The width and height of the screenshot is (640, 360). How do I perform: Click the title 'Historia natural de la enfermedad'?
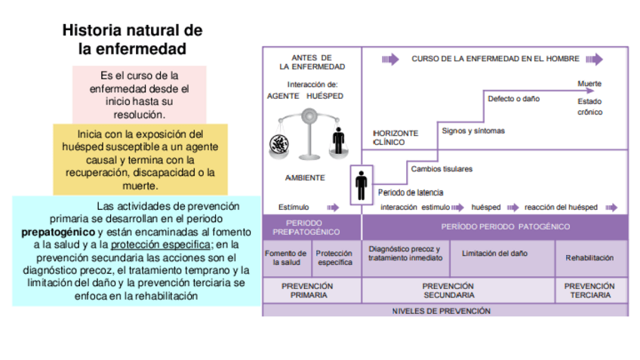[132, 40]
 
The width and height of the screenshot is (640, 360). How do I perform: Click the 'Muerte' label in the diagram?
[589, 83]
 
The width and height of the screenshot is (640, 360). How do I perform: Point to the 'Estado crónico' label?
[589, 106]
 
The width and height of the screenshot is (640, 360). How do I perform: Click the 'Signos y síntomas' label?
[473, 131]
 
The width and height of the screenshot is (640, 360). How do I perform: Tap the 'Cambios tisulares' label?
[442, 169]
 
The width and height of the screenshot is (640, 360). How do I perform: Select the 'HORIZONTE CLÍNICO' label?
[389, 137]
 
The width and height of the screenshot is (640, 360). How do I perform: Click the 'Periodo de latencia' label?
[411, 192]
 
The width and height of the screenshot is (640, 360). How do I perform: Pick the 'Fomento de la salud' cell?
[286, 258]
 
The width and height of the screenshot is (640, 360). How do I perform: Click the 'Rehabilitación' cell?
[589, 258]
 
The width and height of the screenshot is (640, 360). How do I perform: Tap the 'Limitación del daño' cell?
[494, 253]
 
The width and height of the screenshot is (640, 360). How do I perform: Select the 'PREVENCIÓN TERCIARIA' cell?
[589, 291]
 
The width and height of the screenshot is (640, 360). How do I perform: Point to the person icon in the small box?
[362, 184]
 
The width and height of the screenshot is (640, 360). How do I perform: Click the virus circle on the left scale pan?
[276, 142]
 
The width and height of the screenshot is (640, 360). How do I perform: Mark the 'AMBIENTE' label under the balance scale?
[305, 178]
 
